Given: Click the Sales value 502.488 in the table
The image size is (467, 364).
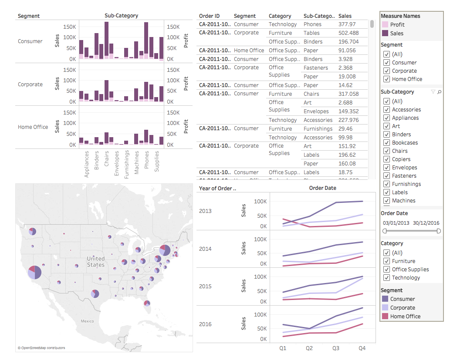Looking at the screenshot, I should [348, 33].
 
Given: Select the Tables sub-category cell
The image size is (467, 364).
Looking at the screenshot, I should [311, 33].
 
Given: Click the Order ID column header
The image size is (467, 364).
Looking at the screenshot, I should [209, 16].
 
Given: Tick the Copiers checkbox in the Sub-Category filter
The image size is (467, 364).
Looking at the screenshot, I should [386, 159].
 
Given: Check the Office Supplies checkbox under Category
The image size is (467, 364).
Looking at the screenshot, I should [386, 270].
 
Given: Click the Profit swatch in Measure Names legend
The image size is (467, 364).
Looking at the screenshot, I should [385, 25].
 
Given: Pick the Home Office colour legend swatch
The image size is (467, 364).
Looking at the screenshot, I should [385, 317].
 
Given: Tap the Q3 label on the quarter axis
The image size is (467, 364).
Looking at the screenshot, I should [336, 348].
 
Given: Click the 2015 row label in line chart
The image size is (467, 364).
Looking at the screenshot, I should [205, 286].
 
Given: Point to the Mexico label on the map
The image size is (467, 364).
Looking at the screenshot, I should [87, 321].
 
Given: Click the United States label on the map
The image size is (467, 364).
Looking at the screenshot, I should [95, 262].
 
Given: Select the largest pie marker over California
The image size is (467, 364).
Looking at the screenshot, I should [34, 272].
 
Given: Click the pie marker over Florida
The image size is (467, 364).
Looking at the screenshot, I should [147, 303].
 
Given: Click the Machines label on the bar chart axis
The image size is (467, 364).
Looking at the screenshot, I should [136, 162].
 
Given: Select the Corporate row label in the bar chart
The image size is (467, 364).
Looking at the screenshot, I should [30, 84].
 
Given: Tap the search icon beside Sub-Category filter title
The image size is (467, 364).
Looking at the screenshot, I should [439, 92].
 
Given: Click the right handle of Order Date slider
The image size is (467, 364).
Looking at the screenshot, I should [439, 231].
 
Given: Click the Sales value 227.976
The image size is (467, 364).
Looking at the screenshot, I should [349, 120].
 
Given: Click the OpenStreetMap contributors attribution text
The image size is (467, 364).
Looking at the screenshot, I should [41, 348].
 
